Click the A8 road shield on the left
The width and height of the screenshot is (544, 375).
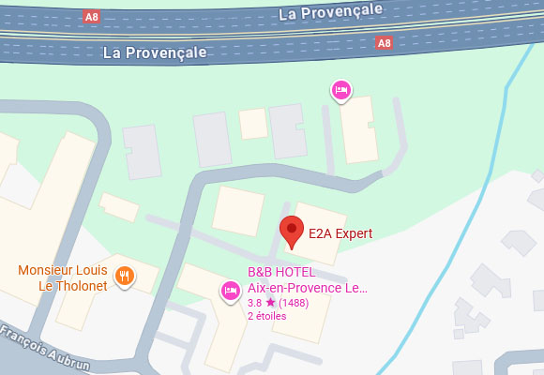coord(91,17)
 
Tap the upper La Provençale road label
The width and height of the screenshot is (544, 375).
coord(332,11)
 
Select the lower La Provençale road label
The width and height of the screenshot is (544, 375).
coord(154,52)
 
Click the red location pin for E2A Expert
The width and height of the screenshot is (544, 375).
coord(294,231)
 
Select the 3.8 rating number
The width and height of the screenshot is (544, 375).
coord(254,303)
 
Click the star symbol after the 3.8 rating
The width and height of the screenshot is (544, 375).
coord(270,303)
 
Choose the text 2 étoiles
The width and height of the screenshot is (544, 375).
coord(267,316)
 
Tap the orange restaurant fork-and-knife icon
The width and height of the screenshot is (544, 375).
coord(124,276)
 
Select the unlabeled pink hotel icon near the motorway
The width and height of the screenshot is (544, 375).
coord(341,91)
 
